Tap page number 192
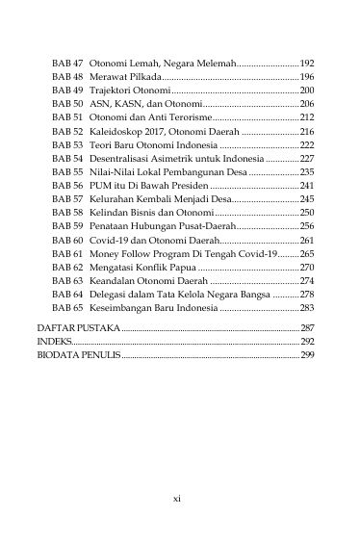pyautogui.click(x=308, y=61)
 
